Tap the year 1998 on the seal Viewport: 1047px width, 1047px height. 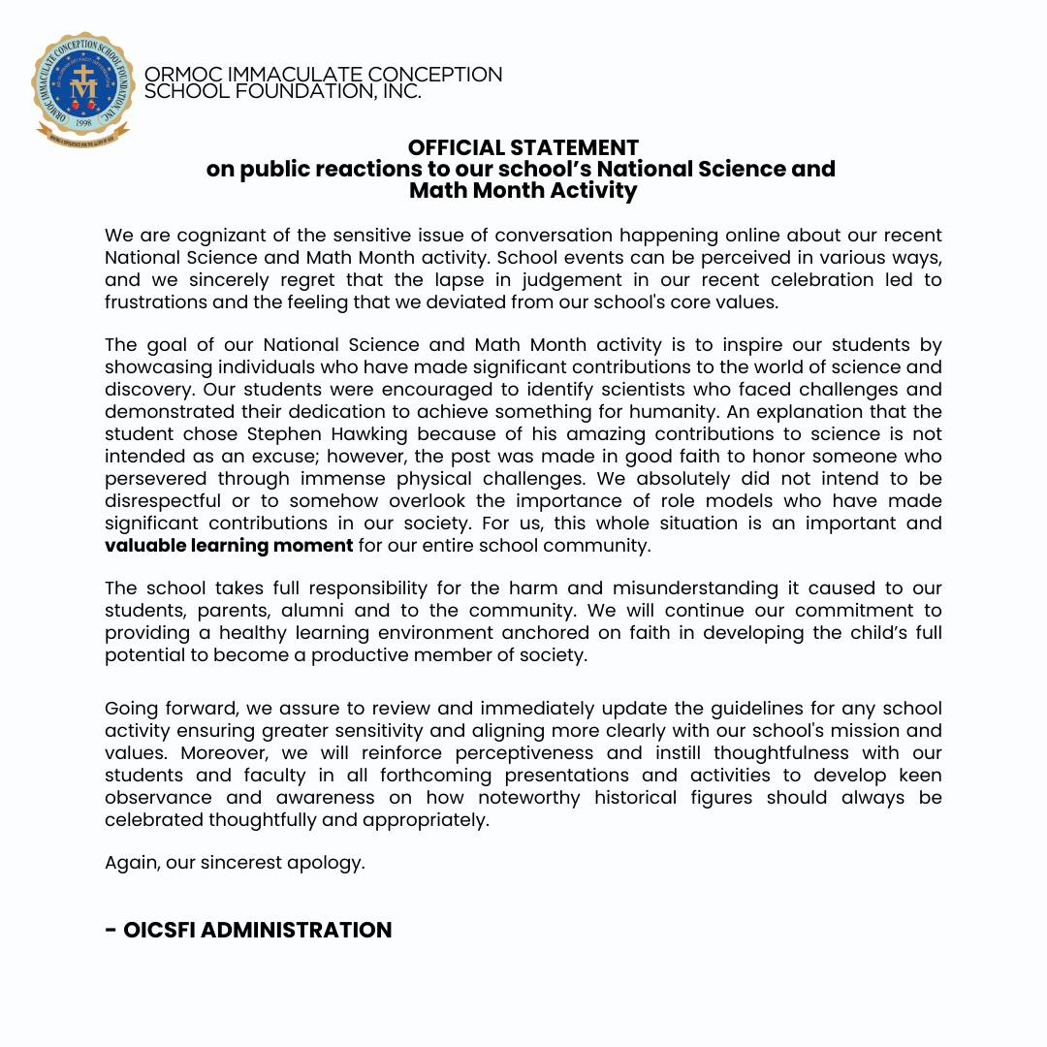(83, 124)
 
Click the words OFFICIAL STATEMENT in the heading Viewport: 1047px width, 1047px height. (523, 147)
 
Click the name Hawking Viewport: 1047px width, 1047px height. (416, 434)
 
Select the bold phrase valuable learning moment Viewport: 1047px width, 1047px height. (229, 546)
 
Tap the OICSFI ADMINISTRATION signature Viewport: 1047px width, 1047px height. (248, 931)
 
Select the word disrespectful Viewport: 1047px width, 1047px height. (162, 501)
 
